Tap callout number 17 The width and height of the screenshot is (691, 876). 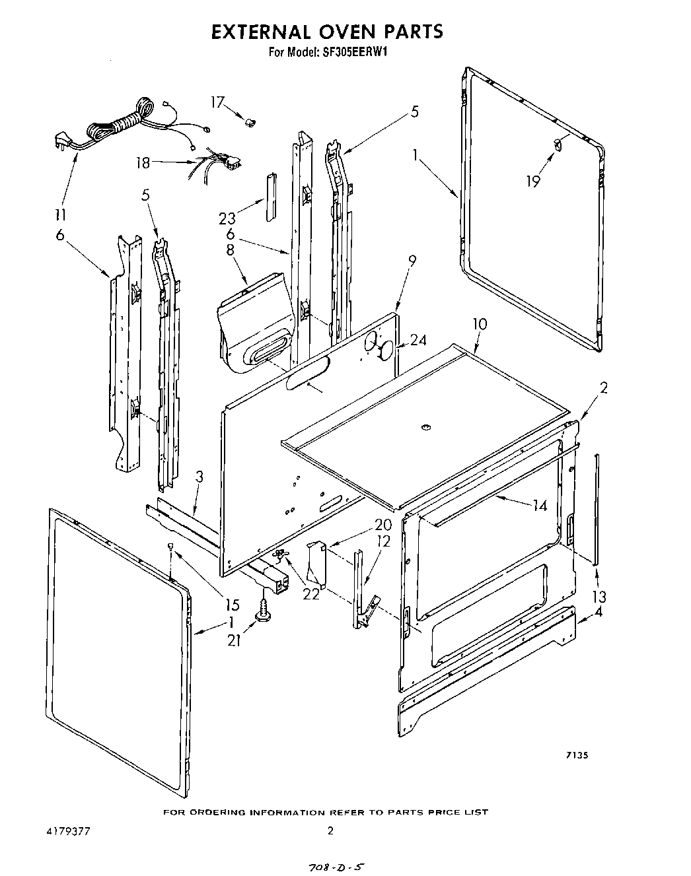coord(217,102)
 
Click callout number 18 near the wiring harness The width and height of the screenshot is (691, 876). coord(143,162)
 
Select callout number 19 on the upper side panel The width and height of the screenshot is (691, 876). coord(532,180)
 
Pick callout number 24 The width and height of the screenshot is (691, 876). coord(418,341)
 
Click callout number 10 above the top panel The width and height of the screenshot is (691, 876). coord(480,324)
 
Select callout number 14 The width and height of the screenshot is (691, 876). coord(540,506)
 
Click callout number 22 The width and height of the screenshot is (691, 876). coord(310,593)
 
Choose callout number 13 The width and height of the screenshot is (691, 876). coord(599,597)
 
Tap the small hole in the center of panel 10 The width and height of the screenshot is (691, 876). coord(425,428)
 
